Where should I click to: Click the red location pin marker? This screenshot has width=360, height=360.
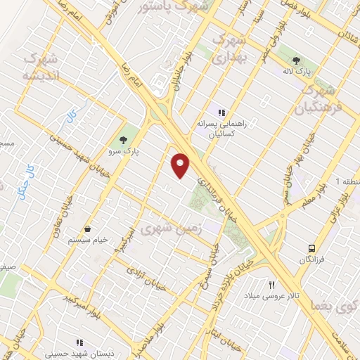(x=181, y=165)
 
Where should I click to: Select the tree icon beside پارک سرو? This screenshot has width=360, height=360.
(x=124, y=139)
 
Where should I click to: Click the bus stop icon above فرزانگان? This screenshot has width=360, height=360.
(x=311, y=248)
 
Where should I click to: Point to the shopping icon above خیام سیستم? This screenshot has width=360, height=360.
(x=87, y=229)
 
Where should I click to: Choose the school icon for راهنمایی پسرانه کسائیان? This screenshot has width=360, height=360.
(x=221, y=112)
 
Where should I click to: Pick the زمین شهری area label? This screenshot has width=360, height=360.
(x=172, y=229)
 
